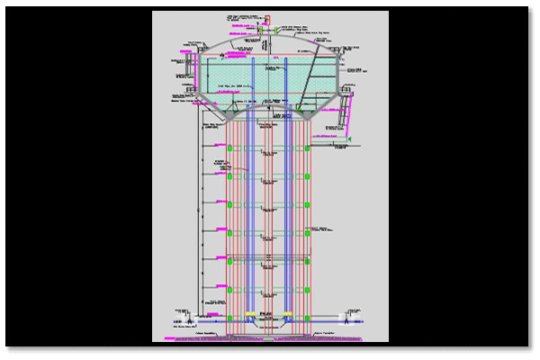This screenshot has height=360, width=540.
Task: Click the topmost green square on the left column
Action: point(229,148)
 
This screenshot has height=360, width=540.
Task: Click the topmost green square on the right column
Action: point(307,148)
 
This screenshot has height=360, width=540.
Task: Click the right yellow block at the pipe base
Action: point(287,313)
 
